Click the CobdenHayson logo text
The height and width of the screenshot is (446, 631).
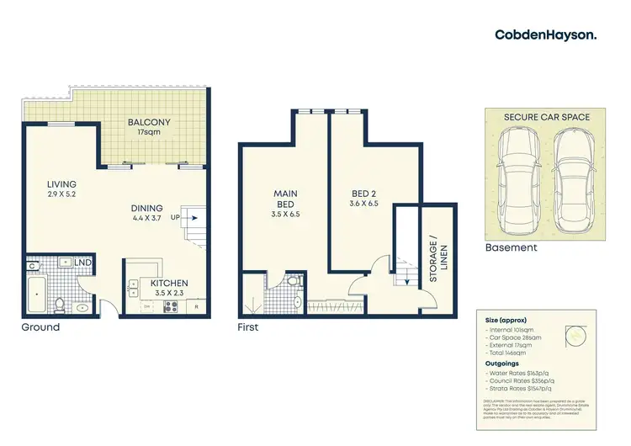click(x=545, y=35)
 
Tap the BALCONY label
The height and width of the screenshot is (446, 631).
click(x=149, y=123)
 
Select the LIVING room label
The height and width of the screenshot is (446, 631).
click(x=62, y=184)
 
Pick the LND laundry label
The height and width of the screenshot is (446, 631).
click(x=82, y=263)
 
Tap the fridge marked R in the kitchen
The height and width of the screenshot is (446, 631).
click(x=196, y=307)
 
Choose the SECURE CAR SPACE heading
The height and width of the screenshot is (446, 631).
click(x=546, y=116)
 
